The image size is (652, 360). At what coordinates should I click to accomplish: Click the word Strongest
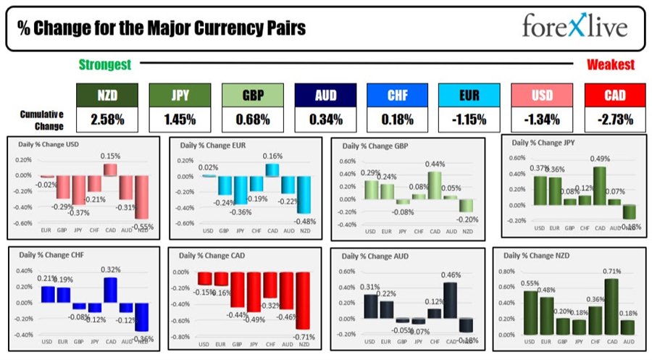[x=105, y=65]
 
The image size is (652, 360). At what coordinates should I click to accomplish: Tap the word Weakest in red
[x=611, y=65]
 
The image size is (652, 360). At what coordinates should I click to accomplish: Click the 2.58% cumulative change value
[x=106, y=119]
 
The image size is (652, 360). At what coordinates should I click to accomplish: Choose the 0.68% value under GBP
[x=251, y=119]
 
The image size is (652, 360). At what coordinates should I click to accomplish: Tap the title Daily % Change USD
[x=49, y=144]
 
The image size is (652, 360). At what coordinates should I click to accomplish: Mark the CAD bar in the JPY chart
[x=599, y=185]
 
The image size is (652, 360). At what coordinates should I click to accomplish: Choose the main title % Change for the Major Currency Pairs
[x=161, y=29]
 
